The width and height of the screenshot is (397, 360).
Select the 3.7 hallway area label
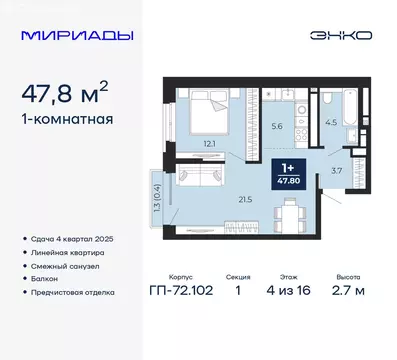click(x=337, y=171)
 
